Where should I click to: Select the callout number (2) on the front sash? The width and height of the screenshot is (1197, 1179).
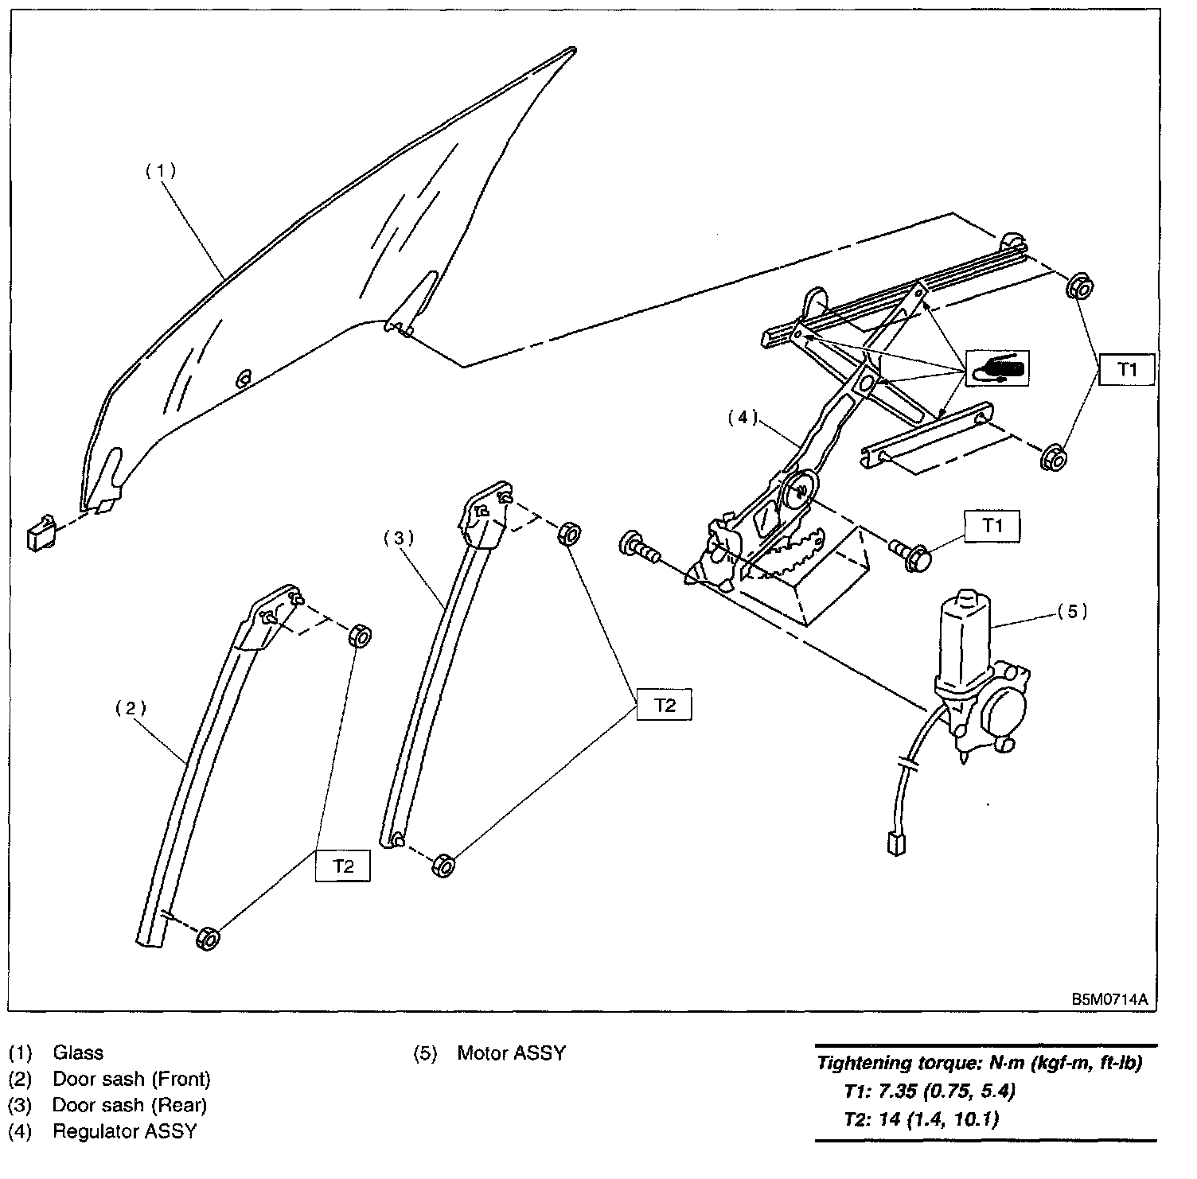132,707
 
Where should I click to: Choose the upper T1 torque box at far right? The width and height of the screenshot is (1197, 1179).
1127,369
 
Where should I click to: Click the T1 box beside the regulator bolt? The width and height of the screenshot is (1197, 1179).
992,525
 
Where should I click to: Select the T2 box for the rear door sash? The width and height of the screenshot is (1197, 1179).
665,705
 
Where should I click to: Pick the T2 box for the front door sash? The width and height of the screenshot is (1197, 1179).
343,866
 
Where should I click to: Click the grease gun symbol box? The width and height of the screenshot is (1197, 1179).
997,369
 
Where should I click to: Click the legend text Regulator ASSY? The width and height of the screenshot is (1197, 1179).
124,1130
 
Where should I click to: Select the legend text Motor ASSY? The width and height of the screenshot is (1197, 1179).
511,1053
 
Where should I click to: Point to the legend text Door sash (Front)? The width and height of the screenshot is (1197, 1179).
131,1079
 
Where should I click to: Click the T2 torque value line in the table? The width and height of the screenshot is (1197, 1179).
920,1119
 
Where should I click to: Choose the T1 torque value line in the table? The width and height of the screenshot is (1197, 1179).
928,1090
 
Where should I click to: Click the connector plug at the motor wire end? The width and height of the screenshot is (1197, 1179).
895,843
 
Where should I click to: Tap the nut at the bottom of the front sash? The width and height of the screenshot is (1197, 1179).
207,938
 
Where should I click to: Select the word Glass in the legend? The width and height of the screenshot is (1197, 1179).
78,1053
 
